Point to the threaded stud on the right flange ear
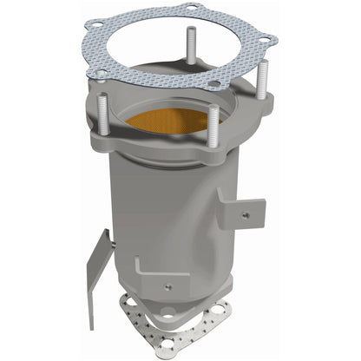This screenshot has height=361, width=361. point(257,82)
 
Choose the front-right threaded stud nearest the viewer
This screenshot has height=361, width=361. point(211,126)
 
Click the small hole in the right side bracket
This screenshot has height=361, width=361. point(246,213)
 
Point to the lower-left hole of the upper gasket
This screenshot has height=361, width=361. point(102,73)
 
